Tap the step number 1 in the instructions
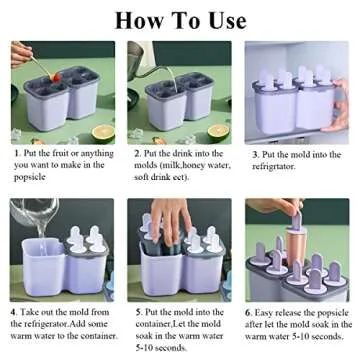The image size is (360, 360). point(16,154)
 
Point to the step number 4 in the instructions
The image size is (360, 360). point(15,311)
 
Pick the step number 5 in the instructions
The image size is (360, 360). point(136,311)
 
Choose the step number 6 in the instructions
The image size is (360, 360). point(250,311)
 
